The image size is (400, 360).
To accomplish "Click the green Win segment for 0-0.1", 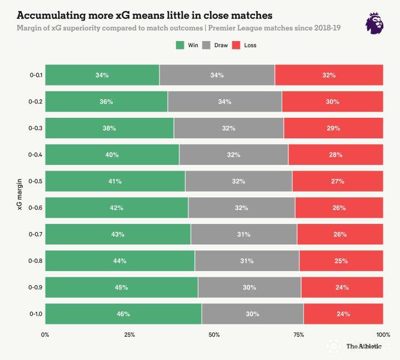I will (102, 75).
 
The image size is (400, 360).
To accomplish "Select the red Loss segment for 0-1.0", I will (343, 314).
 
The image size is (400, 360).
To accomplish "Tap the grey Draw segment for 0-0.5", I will (238, 181).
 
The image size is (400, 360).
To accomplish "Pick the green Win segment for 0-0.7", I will (118, 234).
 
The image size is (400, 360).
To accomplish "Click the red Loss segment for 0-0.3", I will (333, 128).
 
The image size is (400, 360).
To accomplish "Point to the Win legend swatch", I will (179, 45).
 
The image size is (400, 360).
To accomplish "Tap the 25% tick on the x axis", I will (129, 334).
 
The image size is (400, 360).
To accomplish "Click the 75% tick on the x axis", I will (298, 334).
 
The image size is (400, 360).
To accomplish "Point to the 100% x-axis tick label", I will (382, 334).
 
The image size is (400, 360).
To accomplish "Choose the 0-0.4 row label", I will (36, 154).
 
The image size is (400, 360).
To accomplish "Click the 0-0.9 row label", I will (36, 287).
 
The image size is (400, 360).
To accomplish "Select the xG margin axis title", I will (19, 194).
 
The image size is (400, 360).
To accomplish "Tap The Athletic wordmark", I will (364, 347).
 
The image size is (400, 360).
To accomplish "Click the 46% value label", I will (123, 314).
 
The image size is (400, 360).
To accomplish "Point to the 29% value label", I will (333, 128).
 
